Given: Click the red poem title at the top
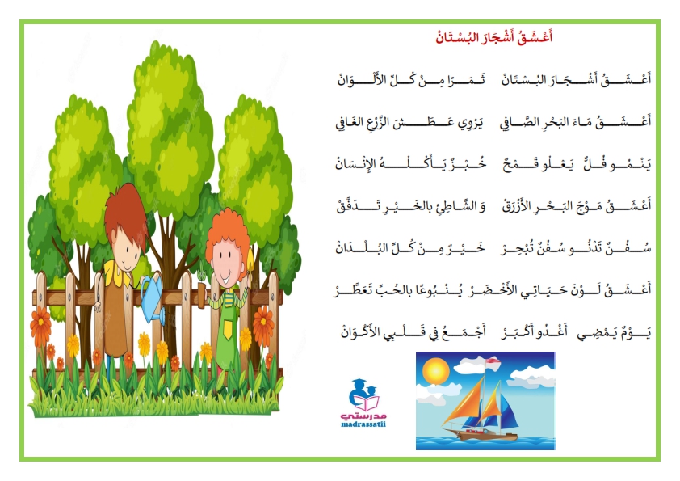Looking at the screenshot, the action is pyautogui.click(x=494, y=37).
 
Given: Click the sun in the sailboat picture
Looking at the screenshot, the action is pyautogui.click(x=435, y=372).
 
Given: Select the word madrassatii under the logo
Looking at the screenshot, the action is pyautogui.click(x=363, y=424).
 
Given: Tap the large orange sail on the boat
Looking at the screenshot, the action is pyautogui.click(x=466, y=401).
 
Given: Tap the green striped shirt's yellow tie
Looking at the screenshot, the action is pyautogui.click(x=226, y=327).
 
